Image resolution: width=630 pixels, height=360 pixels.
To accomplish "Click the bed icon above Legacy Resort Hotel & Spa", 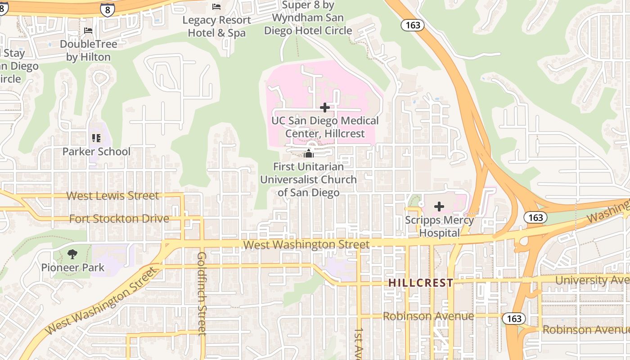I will click(x=216, y=7).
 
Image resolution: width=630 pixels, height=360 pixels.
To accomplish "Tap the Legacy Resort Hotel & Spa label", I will click(x=216, y=27).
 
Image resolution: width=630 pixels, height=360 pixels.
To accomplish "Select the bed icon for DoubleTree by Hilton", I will click(x=88, y=31).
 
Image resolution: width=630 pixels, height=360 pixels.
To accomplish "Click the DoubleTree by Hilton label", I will click(x=88, y=50).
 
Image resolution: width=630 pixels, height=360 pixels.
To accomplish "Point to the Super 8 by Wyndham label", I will click(x=308, y=18).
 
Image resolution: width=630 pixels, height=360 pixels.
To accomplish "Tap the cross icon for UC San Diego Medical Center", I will click(x=324, y=108).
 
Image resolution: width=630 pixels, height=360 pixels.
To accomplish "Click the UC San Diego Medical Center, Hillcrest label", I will click(x=325, y=127).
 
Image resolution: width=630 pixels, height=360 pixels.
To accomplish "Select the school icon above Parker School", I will click(x=96, y=138).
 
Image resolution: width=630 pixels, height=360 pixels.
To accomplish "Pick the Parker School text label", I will click(x=96, y=152).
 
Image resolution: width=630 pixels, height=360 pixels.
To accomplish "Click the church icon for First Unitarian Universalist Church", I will click(x=309, y=153).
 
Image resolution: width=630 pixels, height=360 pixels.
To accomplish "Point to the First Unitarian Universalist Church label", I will click(x=309, y=180).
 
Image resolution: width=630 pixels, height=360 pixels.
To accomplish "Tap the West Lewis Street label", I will click(x=112, y=196).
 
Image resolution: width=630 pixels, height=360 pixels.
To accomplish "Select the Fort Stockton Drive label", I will click(x=119, y=219).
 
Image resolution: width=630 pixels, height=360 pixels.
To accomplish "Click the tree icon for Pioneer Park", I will click(x=72, y=255).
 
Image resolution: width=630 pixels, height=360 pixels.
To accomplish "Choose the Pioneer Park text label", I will click(x=73, y=268).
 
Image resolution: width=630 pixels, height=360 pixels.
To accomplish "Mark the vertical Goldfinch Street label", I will click(x=202, y=293).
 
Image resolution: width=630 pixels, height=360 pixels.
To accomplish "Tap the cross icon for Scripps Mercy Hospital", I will click(x=439, y=207).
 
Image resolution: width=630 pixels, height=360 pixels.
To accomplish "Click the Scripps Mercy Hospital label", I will click(x=439, y=226).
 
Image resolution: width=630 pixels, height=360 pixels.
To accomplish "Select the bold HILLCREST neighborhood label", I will click(x=421, y=283).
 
